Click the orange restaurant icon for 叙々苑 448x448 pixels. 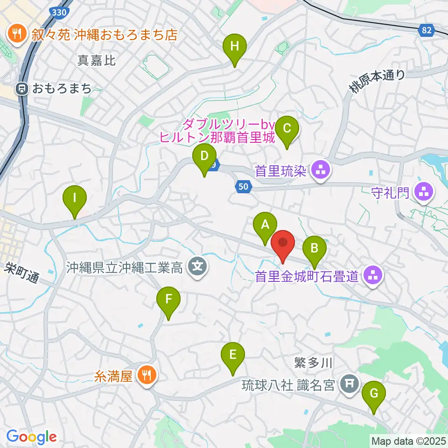click(x=17, y=34)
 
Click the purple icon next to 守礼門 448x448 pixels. click(x=424, y=191)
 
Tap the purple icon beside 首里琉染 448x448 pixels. click(x=320, y=170)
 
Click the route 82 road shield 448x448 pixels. click(x=426, y=30)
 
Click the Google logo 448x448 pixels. click(x=31, y=437)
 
